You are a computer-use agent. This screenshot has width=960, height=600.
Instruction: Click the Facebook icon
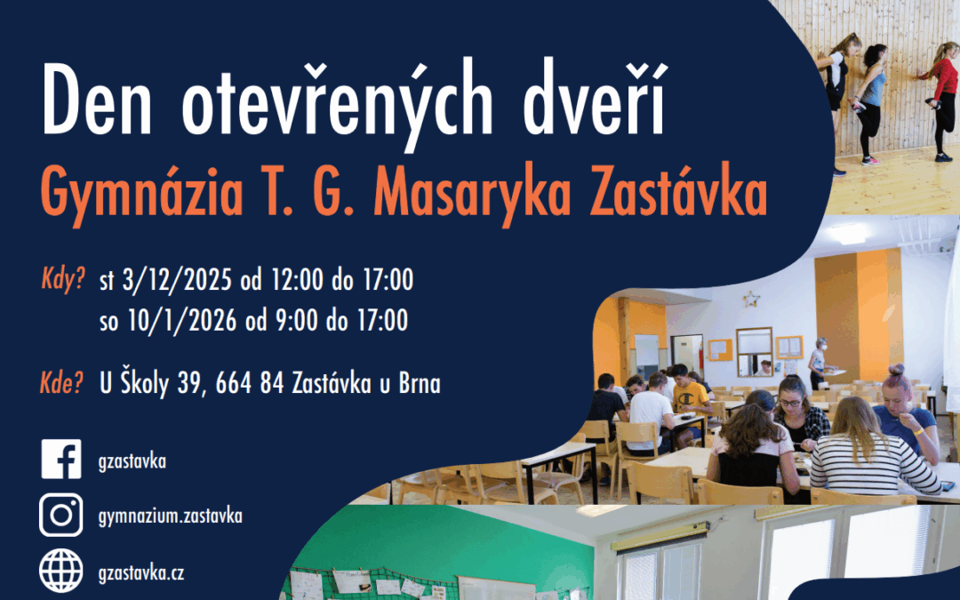pos(60,460)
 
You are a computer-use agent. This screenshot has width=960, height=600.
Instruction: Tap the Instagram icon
pos(60,515)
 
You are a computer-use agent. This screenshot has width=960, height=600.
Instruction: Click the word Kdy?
pos(62,281)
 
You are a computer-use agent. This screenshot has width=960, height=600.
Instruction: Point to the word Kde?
pos(62,384)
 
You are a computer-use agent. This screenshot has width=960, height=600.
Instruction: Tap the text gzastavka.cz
pos(143,572)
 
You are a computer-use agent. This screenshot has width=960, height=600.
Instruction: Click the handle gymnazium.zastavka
pos(171,516)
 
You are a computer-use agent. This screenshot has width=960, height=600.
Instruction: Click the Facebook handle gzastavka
pos(133,460)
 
